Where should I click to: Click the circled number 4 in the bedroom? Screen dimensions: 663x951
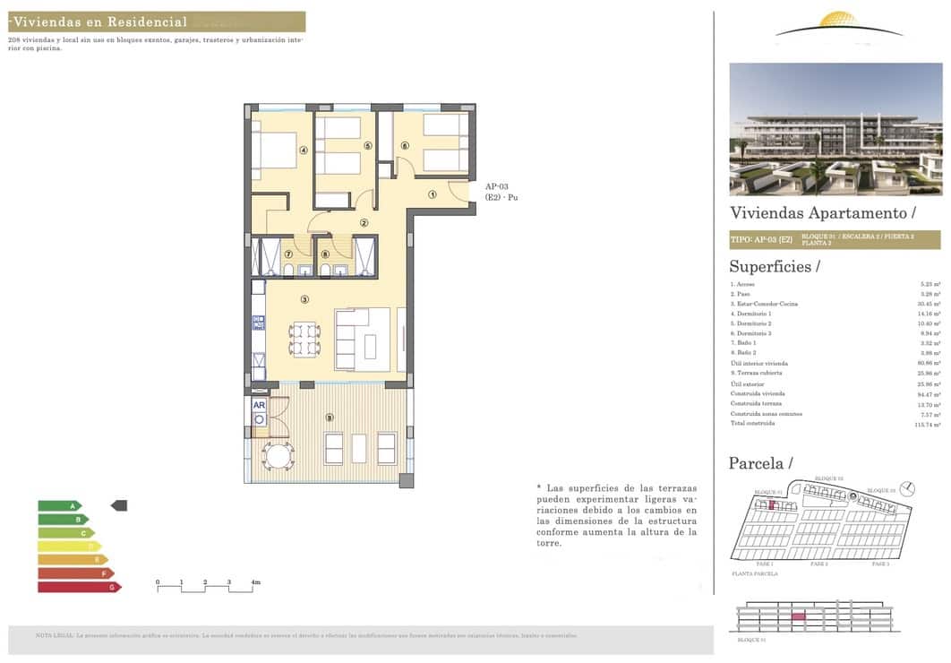pyautogui.click(x=304, y=151)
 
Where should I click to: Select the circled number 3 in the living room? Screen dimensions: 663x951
pyautogui.click(x=304, y=299)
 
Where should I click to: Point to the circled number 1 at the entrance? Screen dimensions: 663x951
pyautogui.click(x=432, y=194)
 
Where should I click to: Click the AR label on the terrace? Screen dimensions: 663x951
pyautogui.click(x=259, y=405)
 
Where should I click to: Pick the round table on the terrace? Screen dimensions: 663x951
pyautogui.click(x=276, y=455)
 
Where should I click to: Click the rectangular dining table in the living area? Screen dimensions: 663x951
pyautogui.click(x=304, y=339)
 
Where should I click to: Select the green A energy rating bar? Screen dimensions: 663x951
pyautogui.click(x=59, y=506)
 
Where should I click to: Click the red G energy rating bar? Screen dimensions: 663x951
pyautogui.click(x=78, y=587)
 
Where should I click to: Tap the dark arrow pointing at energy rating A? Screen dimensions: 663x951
pyautogui.click(x=118, y=506)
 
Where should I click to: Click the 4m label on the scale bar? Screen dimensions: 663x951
pyautogui.click(x=255, y=582)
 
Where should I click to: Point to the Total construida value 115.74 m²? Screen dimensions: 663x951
pyautogui.click(x=928, y=423)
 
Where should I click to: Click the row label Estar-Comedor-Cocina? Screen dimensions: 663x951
pyautogui.click(x=762, y=304)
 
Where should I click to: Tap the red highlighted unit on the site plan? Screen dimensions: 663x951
pyautogui.click(x=773, y=505)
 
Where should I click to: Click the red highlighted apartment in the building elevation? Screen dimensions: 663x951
pyautogui.click(x=798, y=616)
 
